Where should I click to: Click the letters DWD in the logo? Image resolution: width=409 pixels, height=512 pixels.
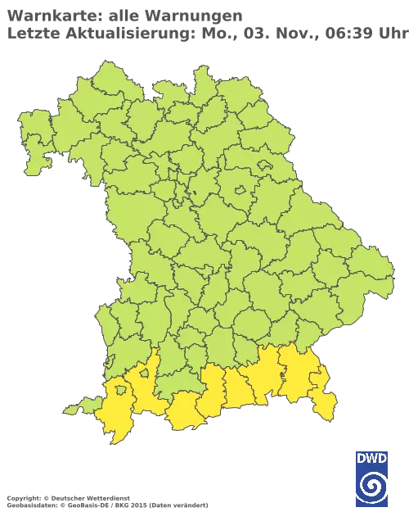(x=372, y=460)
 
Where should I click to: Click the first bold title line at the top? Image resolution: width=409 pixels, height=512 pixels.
(x=123, y=15)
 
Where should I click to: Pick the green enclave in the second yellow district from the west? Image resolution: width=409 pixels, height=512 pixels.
(x=145, y=373)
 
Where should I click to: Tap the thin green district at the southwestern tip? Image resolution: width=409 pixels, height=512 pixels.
(x=79, y=406)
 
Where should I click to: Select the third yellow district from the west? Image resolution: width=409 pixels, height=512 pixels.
(x=186, y=410)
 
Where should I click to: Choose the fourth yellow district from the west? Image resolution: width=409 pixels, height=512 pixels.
(x=213, y=389)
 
